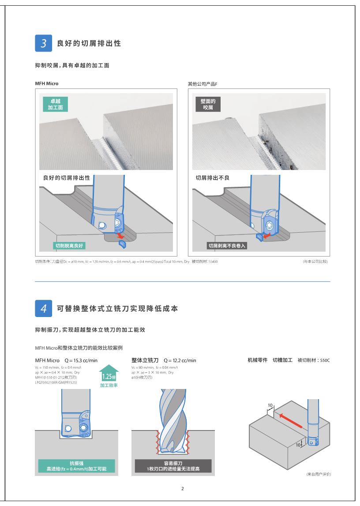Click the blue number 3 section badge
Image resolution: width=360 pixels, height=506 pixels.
point(44,43)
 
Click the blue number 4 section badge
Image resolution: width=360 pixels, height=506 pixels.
point(44,308)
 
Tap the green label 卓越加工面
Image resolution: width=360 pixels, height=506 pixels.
point(56,104)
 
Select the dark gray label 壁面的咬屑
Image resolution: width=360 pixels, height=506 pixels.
point(208,104)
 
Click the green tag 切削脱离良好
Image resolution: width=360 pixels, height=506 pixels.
point(69,245)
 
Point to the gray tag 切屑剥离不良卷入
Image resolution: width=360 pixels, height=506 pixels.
point(227,245)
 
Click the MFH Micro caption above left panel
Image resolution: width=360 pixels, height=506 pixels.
point(47,83)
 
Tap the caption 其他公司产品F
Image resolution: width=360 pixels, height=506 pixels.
point(202,84)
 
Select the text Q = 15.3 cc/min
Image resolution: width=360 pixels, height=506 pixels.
point(81,360)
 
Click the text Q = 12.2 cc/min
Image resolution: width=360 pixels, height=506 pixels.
point(180,360)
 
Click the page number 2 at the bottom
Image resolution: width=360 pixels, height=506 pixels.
point(183,489)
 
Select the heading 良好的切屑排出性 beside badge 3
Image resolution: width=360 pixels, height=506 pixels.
point(89,43)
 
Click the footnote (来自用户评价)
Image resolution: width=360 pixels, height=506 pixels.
point(319,474)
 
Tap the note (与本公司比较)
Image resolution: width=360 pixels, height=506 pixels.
point(315,261)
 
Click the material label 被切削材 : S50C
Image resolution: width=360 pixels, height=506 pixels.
point(314,360)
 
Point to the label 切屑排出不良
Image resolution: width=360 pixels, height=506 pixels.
point(213,178)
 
